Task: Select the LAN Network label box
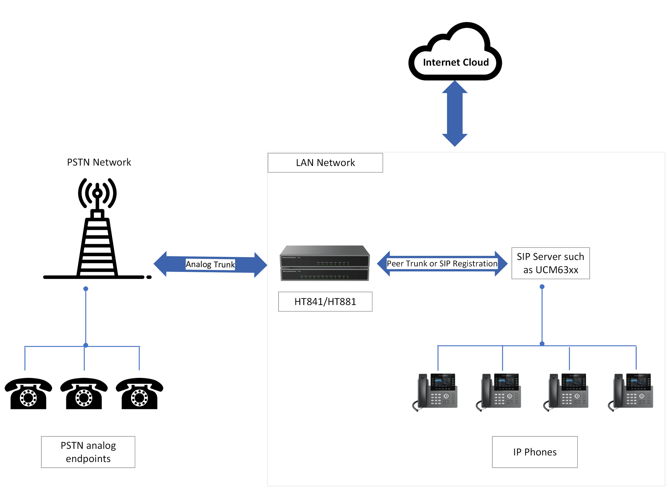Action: [325, 163]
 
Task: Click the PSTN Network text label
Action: [99, 162]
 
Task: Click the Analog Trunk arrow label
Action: [210, 264]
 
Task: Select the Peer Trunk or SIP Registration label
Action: [442, 263]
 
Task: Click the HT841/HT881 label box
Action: [325, 301]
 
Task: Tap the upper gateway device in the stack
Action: [325, 257]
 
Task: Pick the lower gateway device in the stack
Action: [325, 274]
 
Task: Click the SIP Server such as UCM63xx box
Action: [551, 263]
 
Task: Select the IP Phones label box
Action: [535, 452]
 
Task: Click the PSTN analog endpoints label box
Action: [88, 452]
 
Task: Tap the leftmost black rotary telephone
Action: [28, 393]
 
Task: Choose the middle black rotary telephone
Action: [84, 393]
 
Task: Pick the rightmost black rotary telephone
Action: [139, 393]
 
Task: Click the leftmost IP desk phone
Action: [435, 392]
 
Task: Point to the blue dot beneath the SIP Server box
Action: [542, 287]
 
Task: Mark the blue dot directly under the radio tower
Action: [86, 289]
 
